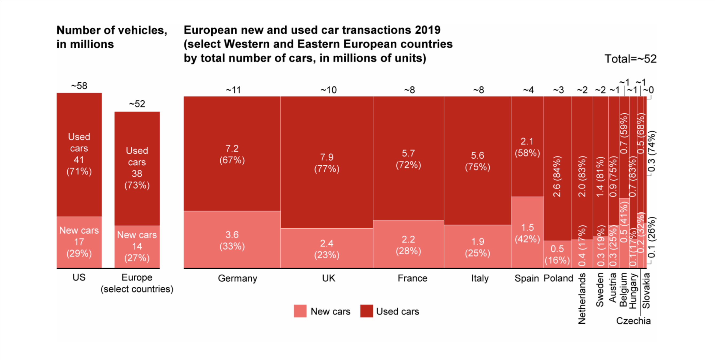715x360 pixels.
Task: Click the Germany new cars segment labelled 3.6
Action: click(232, 240)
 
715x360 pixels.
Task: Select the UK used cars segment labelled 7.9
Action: click(327, 163)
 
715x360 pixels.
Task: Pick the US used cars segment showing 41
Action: click(79, 154)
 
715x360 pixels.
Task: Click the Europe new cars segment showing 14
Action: click(137, 246)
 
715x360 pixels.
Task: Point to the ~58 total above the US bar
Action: click(79, 86)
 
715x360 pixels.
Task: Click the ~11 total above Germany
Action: click(233, 90)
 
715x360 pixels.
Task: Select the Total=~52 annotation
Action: click(630, 59)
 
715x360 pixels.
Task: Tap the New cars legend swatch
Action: click(300, 311)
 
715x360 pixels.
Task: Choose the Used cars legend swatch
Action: click(366, 311)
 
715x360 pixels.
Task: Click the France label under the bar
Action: click(413, 278)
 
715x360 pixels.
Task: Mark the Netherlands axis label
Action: click(582, 298)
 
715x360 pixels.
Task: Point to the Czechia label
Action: click(633, 321)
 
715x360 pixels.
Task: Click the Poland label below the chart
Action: click(558, 278)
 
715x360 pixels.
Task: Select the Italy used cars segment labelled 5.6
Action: click(477, 161)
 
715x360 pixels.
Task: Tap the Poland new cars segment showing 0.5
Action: click(557, 254)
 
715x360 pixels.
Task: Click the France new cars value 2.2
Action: click(408, 239)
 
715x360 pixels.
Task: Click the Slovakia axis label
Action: click(647, 291)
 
